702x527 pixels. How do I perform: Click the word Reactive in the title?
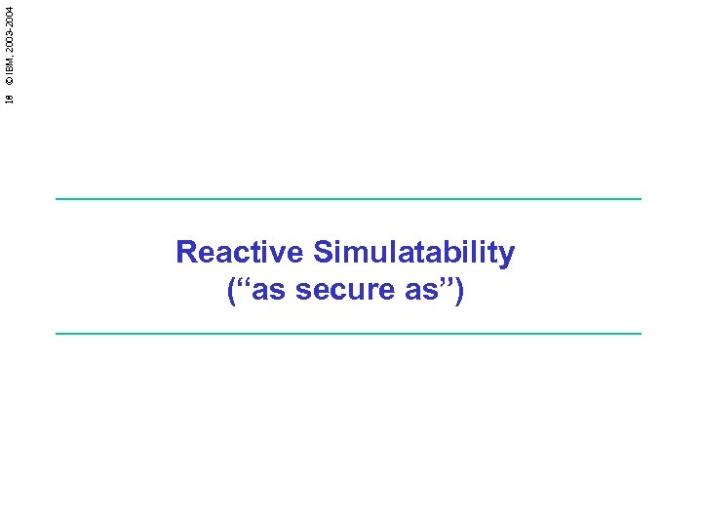point(240,253)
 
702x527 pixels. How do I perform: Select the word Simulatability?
point(414,254)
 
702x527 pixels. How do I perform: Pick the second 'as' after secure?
point(412,290)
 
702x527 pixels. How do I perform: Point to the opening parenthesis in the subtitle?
point(231,291)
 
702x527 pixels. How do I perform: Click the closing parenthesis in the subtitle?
point(460,291)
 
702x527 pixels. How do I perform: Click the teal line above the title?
point(349,199)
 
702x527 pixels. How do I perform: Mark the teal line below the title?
point(349,334)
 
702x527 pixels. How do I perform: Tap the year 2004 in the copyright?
point(9,16)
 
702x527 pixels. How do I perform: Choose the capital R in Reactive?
point(186,253)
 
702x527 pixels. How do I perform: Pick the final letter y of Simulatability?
point(507,257)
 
